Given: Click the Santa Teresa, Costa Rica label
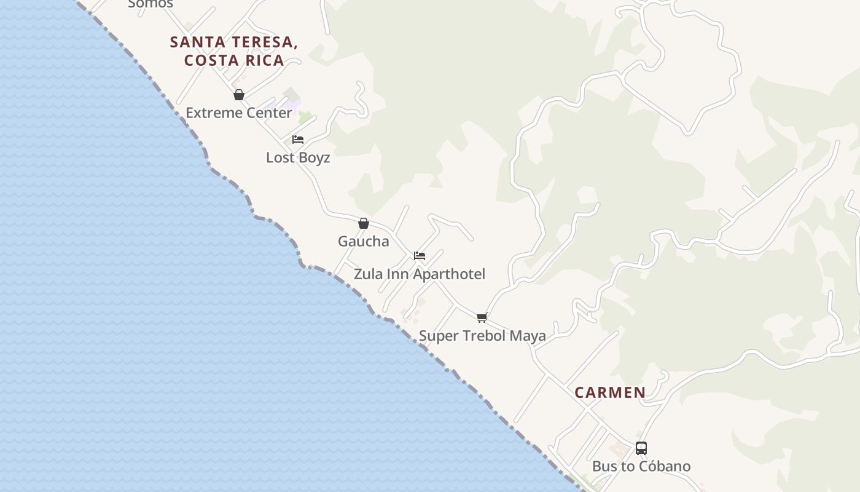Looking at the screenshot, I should click(x=234, y=51).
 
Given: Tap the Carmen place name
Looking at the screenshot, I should click(x=610, y=392).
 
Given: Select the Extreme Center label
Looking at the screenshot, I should click(x=239, y=113).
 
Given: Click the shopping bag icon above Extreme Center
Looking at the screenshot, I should click(x=239, y=95).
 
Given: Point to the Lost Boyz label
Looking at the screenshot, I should click(x=298, y=158).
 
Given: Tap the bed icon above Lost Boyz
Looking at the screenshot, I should click(x=298, y=140).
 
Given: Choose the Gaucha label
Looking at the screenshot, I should click(x=363, y=242).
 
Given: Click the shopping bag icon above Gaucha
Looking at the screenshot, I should click(x=364, y=223).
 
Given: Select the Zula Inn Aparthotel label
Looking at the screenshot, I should click(x=420, y=274).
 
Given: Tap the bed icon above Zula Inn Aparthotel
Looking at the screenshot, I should click(x=420, y=256).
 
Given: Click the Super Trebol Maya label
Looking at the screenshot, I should click(x=482, y=336).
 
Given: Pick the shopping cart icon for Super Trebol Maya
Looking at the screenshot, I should click(x=482, y=318).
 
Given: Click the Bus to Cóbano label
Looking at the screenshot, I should click(x=641, y=467).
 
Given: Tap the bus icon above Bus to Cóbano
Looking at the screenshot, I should click(x=641, y=448).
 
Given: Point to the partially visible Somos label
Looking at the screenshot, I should click(x=150, y=4).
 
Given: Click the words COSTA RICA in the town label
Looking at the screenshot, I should click(x=234, y=60).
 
